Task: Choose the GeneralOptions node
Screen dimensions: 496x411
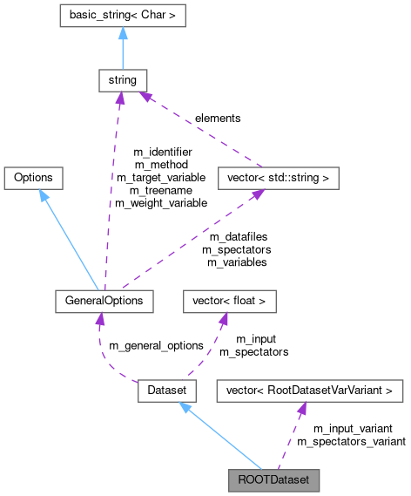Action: [104, 301]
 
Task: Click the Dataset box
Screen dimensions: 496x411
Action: [165, 390]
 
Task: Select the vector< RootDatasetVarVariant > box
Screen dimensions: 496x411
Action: [309, 390]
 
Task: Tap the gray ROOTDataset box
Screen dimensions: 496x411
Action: [273, 479]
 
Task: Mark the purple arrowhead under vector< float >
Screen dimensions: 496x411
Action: [222, 319]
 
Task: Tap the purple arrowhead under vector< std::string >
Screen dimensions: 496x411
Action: [258, 194]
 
